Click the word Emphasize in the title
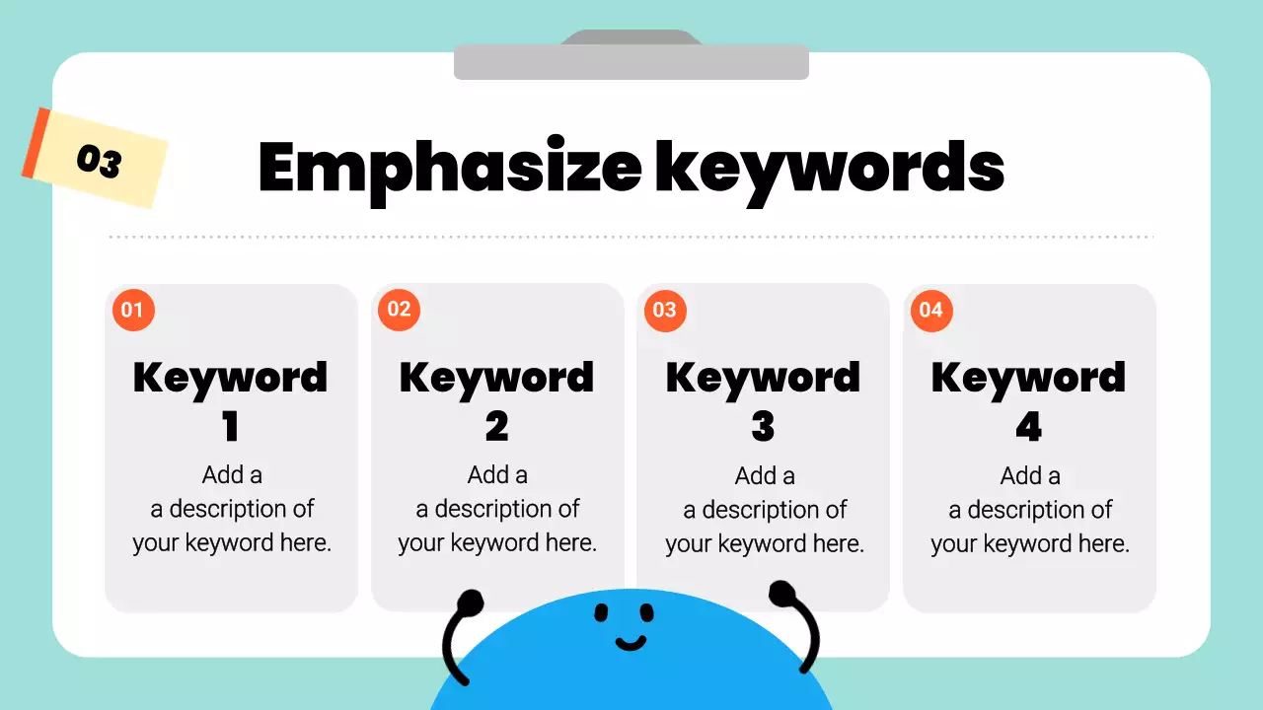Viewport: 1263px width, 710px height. tap(449, 168)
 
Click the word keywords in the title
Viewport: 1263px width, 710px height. tap(829, 168)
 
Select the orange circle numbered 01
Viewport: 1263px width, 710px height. tap(132, 311)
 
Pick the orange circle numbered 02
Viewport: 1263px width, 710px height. tap(399, 310)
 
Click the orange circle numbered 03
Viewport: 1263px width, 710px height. tap(665, 311)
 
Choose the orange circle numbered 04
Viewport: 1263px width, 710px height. tap(930, 311)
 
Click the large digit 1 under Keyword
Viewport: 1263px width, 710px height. tap(230, 427)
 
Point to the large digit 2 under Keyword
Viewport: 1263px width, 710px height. tap(496, 427)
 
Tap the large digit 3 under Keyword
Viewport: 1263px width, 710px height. tap(763, 427)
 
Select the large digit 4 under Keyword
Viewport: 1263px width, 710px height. tap(1028, 427)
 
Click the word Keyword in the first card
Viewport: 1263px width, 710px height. tap(230, 378)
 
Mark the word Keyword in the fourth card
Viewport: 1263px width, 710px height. tap(1028, 378)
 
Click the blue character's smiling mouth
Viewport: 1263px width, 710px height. tap(631, 644)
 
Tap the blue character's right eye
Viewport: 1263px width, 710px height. tap(646, 613)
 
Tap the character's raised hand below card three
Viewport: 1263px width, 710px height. tap(781, 594)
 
